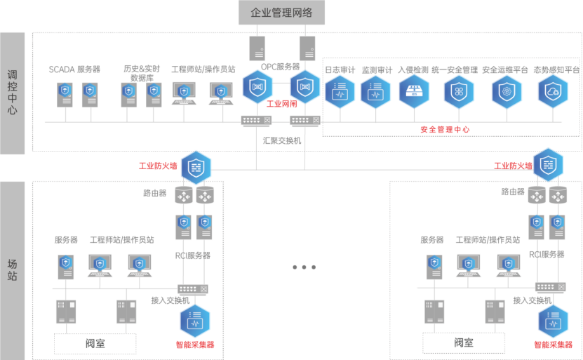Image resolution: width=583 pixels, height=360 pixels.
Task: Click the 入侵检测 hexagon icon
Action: (x=413, y=91)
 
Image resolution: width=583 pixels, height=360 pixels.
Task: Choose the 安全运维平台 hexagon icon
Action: (x=504, y=91)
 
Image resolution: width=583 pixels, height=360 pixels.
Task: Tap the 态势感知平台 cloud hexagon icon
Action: (x=553, y=91)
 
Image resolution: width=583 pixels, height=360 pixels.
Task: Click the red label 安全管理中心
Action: (x=445, y=130)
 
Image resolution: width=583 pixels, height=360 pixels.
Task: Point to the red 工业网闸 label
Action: (x=282, y=103)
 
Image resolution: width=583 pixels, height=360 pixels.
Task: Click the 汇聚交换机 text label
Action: (x=282, y=140)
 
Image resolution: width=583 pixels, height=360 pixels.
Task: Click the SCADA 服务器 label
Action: (x=74, y=69)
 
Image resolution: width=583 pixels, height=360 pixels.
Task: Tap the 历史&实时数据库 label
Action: (x=142, y=73)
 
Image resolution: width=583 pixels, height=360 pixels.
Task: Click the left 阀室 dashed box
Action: (x=95, y=343)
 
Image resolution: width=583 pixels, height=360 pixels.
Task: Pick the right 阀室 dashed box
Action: (x=463, y=342)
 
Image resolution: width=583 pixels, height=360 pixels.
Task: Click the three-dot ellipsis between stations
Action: (x=304, y=267)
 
